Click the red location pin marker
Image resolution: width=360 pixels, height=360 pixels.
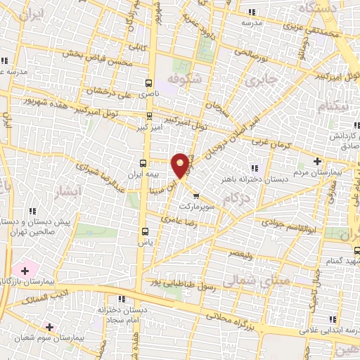tap(181, 165)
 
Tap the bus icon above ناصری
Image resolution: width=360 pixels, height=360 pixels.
tap(149, 82)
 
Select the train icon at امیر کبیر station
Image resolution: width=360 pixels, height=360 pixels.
tap(149, 116)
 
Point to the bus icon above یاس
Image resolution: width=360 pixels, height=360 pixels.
tap(145, 231)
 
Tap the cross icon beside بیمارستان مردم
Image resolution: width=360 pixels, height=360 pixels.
tap(317, 161)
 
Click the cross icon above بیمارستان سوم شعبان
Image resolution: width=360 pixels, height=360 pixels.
tap(49, 327)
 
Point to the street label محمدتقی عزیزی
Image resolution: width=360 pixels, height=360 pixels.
tap(302, 29)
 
